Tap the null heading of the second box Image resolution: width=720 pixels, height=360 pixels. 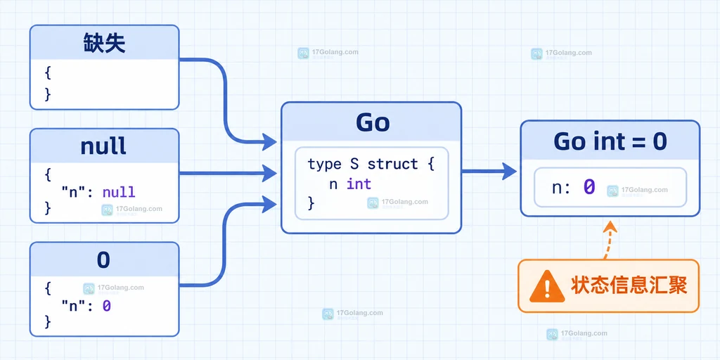tap(103, 146)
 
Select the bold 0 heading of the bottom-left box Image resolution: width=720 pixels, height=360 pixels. tap(104, 260)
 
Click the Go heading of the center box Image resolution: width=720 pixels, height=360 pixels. tap(373, 122)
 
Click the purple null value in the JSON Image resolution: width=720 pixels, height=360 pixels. tap(118, 191)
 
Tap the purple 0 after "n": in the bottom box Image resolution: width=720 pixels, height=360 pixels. tap(107, 306)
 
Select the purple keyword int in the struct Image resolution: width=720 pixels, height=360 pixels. tap(359, 184)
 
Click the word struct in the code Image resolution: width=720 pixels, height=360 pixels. tap(392, 164)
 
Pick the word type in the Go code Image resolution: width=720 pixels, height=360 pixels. tap(323, 165)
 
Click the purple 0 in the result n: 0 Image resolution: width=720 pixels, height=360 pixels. tap(589, 187)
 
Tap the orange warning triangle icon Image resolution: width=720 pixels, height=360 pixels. tap(546, 286)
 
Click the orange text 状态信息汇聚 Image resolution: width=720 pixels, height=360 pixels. tap(629, 285)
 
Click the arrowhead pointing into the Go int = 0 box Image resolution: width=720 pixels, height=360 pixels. tap(510, 172)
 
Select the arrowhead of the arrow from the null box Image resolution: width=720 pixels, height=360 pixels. tap(269, 173)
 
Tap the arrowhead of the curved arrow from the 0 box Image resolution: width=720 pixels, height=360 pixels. tap(269, 203)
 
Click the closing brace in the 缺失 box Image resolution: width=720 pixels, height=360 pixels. tap(48, 94)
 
